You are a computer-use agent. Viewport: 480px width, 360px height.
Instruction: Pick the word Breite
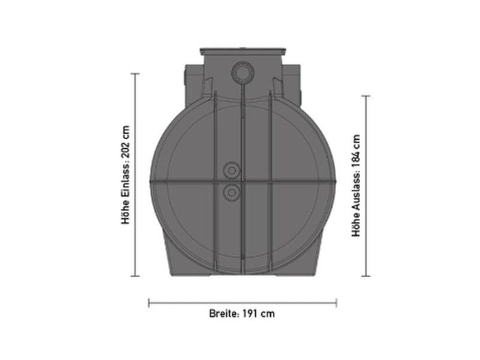coord(224,313)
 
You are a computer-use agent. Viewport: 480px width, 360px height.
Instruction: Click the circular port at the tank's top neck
coord(242,71)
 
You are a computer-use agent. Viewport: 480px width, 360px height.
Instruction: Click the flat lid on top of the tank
coord(242,52)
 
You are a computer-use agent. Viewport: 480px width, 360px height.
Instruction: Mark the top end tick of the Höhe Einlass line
coord(135,74)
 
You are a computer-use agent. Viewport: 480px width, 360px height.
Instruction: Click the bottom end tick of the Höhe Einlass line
coord(135,276)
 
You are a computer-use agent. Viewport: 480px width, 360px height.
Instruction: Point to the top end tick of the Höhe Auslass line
coord(366,96)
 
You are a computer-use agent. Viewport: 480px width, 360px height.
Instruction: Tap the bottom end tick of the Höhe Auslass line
coord(366,276)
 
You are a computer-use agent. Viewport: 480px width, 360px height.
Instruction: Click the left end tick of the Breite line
coord(149,302)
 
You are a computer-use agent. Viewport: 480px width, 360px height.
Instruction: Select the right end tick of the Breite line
coord(336,302)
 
